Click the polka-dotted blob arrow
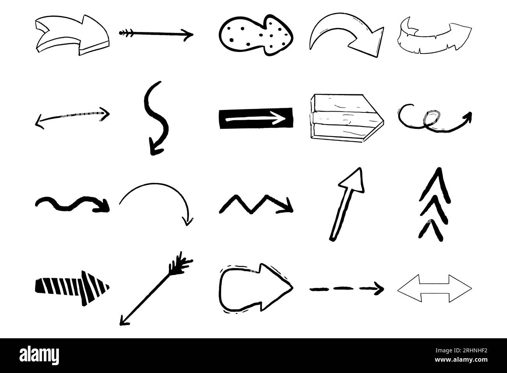click(x=255, y=34)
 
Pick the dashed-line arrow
click(x=346, y=289)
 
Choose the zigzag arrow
click(x=256, y=204)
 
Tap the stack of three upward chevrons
click(x=434, y=203)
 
